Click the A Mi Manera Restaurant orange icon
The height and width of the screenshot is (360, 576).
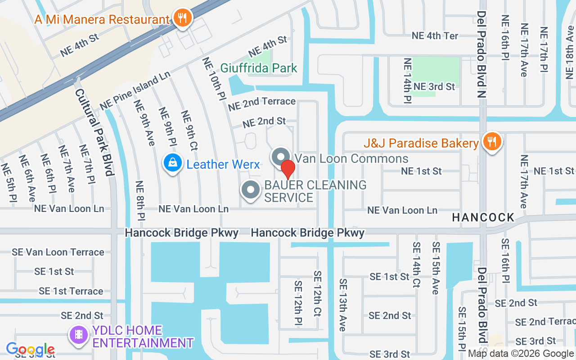coord(182,18)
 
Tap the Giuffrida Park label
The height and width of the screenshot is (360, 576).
coord(258,68)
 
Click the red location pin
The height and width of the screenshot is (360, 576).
coord(288,169)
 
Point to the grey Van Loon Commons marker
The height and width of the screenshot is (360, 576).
coord(281,157)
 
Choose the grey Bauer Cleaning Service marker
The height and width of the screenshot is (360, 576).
coord(251,190)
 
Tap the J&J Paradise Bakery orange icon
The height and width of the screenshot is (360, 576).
coord(492,142)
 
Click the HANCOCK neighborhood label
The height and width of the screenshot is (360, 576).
coord(483,218)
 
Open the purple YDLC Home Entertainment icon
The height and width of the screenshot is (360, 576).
coord(79,335)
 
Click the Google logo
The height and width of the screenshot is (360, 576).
coord(30,349)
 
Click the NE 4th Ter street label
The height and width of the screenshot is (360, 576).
coord(435,36)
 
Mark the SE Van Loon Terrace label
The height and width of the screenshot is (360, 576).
coord(58,252)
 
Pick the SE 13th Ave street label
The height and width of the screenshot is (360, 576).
coord(343,305)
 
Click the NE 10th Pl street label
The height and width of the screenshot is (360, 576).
coord(213,79)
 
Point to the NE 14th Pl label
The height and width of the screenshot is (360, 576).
coord(407,80)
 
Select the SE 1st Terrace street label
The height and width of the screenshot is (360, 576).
coord(71,291)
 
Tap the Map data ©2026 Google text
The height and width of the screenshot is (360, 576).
coord(521,354)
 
